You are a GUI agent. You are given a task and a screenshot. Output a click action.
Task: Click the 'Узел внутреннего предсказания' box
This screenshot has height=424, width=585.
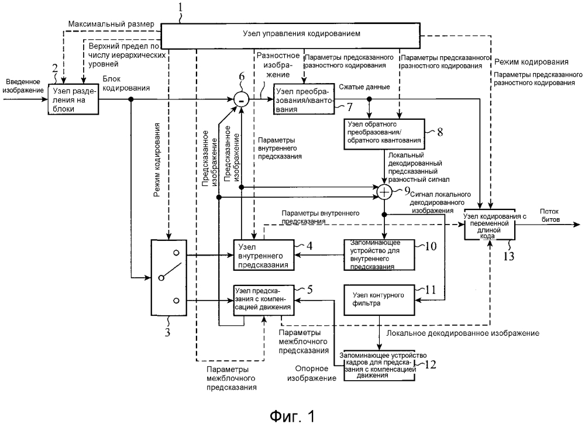coord(263,255)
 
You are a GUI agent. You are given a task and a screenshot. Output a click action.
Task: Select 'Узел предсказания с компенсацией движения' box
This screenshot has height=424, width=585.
coord(263,299)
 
